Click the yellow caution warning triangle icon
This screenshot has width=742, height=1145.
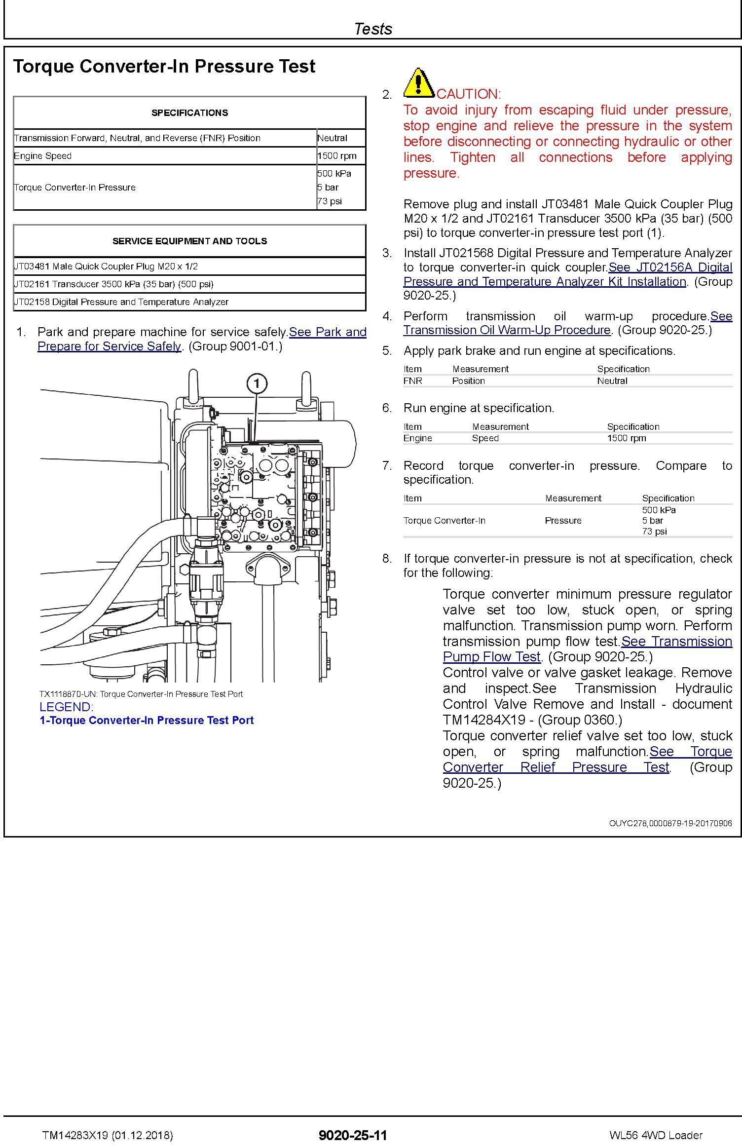(419, 82)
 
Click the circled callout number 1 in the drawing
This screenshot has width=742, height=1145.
(257, 383)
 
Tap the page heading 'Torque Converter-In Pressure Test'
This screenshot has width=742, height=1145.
(164, 66)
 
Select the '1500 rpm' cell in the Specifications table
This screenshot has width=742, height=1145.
(337, 156)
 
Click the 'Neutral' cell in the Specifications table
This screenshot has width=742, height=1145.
(333, 138)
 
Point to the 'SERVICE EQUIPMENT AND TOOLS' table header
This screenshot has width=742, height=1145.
(189, 241)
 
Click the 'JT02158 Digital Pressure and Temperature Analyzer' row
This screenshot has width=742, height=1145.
(121, 302)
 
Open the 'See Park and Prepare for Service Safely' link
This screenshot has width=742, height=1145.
(328, 332)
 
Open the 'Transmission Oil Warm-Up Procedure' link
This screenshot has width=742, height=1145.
(507, 330)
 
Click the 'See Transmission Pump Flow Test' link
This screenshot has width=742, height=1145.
(676, 642)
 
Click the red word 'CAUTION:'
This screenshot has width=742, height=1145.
(469, 94)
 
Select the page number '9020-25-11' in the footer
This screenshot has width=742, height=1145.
(353, 1135)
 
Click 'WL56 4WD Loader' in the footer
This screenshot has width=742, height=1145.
(656, 1135)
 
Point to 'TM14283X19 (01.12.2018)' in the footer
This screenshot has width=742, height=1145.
(108, 1135)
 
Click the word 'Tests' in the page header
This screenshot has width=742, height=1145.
(373, 29)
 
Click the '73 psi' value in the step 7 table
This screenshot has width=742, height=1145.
(654, 532)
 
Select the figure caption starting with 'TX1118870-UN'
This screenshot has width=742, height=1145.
(141, 694)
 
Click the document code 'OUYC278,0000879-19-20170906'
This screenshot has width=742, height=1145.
(670, 823)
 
